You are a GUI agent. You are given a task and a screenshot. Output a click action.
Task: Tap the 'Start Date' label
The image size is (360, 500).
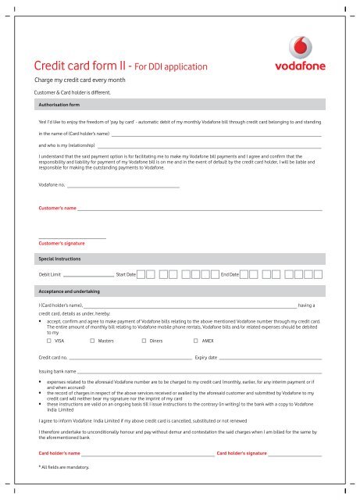126,275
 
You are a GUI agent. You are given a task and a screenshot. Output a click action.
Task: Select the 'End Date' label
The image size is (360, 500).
230,275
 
